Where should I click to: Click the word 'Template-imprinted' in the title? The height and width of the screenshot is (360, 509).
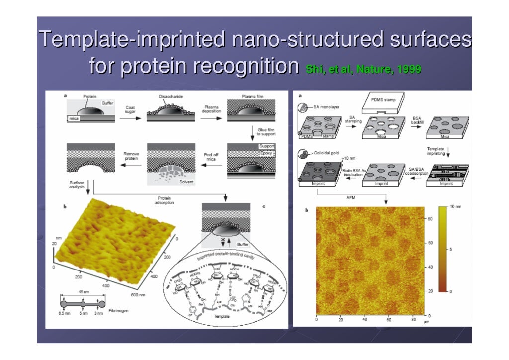click(131, 39)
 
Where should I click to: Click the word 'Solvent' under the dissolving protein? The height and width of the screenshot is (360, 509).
click(187, 182)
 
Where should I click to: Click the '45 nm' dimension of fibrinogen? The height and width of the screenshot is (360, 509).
click(82, 292)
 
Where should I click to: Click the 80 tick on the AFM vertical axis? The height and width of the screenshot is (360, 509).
click(430, 219)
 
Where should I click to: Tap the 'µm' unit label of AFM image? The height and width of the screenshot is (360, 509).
click(425, 322)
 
